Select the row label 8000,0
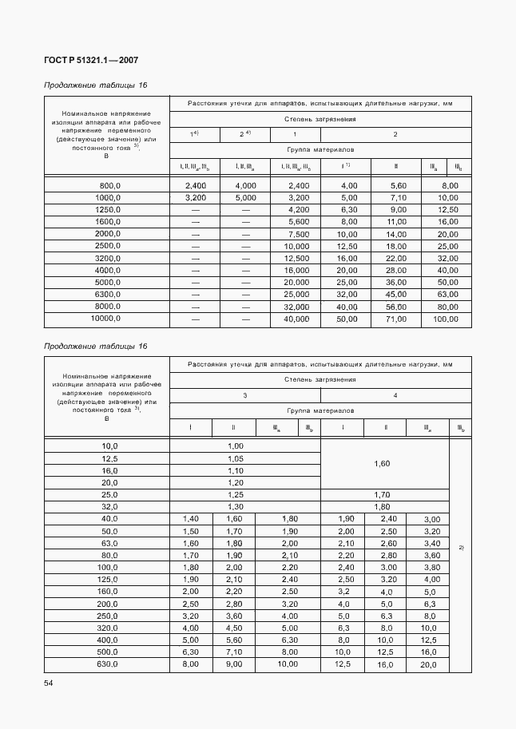coord(107,307)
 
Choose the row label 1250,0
coord(107,209)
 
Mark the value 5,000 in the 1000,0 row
coord(245,197)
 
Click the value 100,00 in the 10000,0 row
coord(447,319)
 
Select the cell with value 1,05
coord(236,459)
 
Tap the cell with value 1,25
coord(236,495)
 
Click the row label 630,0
coord(107,664)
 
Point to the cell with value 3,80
coord(431,567)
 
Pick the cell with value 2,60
coord(387,543)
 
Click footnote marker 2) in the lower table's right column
coord(461,547)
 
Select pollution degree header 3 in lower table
coord(244,395)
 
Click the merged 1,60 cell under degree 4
coord(382,463)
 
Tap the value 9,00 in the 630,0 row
coord(236,664)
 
